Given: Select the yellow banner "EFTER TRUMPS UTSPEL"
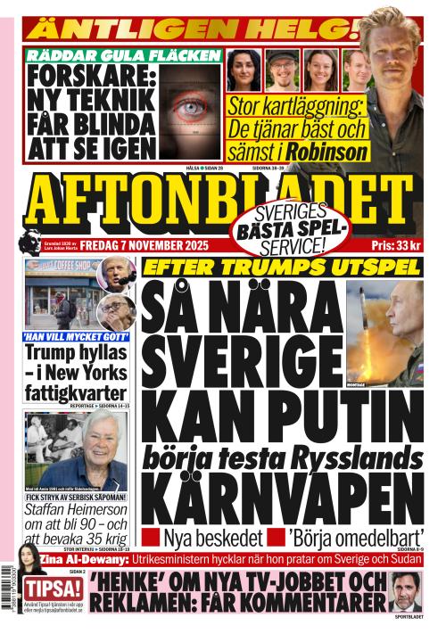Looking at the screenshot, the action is click(282, 268).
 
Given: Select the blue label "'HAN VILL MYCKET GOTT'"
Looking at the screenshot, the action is click(76, 338).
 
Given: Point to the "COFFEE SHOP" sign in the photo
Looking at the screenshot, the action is click(71, 265).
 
